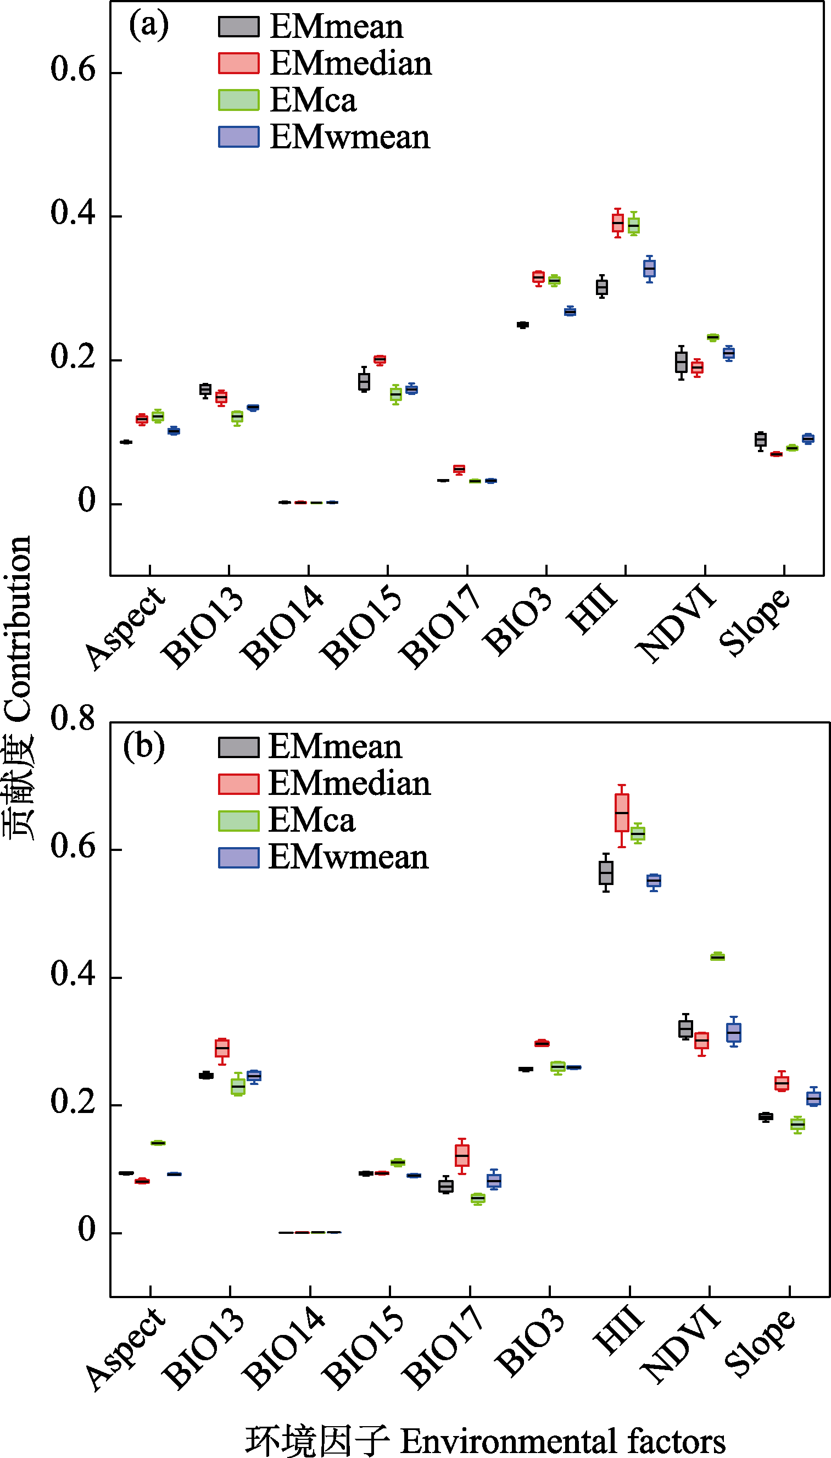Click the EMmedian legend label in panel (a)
click(x=350, y=63)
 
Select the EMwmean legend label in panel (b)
click(x=348, y=858)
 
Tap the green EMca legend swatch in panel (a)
click(x=238, y=100)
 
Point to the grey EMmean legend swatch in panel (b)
click(x=238, y=747)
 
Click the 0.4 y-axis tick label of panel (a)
click(x=72, y=213)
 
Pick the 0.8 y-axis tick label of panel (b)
click(x=72, y=719)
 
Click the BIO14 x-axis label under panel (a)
click(x=282, y=627)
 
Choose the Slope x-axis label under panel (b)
click(x=760, y=1343)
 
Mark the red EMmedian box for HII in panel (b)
click(x=622, y=813)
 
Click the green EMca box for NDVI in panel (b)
click(x=717, y=957)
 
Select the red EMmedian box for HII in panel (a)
click(x=617, y=222)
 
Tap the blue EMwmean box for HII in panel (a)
click(x=650, y=268)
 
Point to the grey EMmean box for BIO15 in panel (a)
click(x=364, y=381)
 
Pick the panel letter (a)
click(x=148, y=25)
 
